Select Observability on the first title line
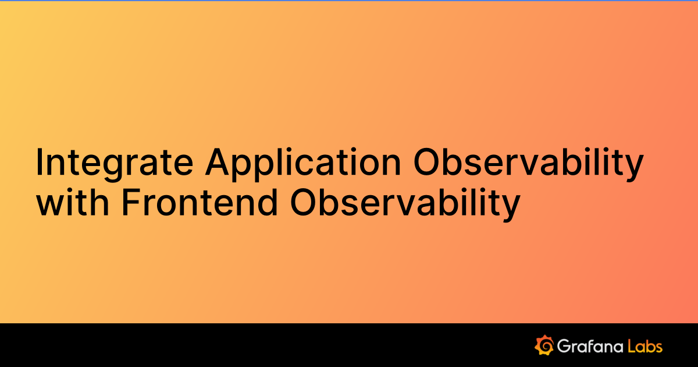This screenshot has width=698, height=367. point(528,163)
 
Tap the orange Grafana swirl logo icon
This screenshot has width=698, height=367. point(543,345)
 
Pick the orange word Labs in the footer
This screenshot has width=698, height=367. point(645,346)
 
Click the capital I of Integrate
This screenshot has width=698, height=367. point(39,163)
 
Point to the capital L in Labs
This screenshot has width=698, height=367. point(632,346)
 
